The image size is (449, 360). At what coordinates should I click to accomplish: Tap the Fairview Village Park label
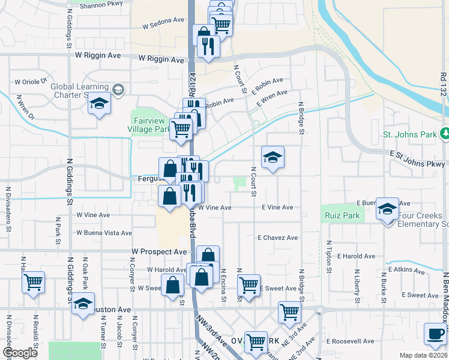[149, 124]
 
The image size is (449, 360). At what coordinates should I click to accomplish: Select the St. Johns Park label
[410, 135]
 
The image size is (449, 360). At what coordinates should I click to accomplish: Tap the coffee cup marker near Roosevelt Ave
[435, 333]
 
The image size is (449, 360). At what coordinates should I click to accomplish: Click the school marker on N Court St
[273, 157]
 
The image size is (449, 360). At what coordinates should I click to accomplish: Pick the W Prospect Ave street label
[159, 252]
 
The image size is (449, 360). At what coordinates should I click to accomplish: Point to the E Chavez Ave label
[278, 238]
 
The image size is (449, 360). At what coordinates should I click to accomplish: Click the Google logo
[20, 353]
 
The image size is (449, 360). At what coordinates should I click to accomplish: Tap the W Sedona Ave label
[163, 26]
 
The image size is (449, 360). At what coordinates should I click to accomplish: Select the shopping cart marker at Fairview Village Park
[180, 128]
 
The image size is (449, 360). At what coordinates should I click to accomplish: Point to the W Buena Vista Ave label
[104, 233]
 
